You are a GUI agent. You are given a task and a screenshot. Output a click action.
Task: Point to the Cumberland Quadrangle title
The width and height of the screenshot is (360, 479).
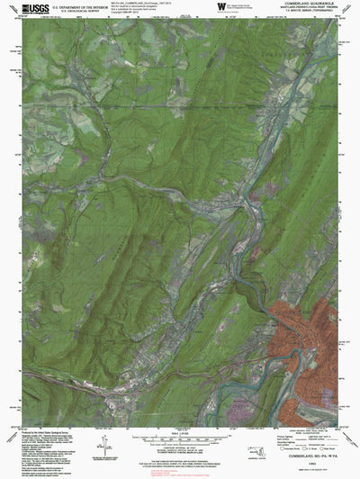298,5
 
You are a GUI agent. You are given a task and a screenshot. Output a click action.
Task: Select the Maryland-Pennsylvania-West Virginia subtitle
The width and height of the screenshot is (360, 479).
298,10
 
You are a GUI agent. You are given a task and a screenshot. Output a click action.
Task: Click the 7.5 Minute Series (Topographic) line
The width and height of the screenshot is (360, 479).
298,14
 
